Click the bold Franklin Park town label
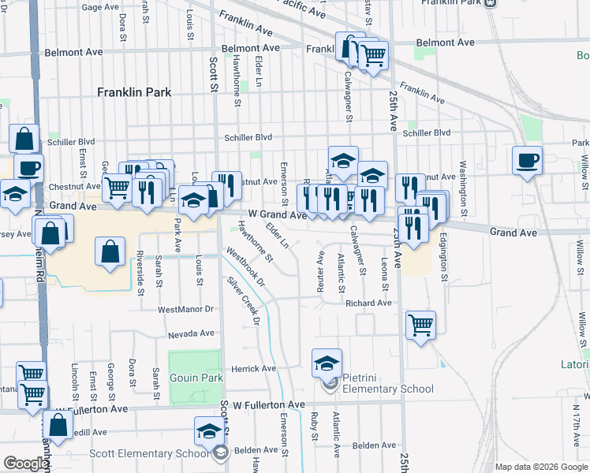[134, 92]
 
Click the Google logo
[25, 464]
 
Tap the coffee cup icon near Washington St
[528, 161]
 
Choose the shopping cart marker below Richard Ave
[421, 325]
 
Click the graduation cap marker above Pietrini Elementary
[327, 363]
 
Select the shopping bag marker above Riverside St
[110, 252]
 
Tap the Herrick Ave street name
[252, 369]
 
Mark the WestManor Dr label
[186, 310]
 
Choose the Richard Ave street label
[368, 303]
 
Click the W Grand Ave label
[276, 214]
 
